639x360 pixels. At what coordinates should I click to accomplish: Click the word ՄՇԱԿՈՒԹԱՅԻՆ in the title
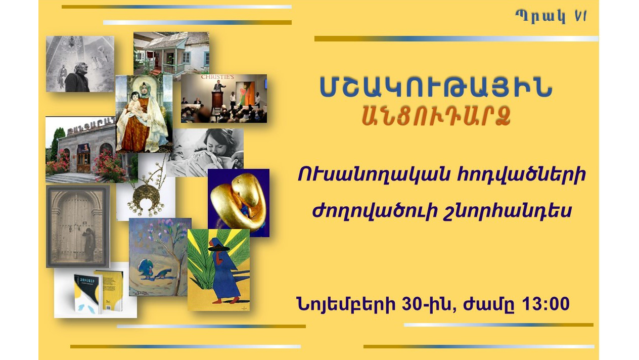[x=436, y=87]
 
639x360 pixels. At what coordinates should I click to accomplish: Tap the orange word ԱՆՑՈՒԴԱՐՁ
[x=436, y=116]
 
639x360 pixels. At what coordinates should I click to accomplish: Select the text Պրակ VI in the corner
[x=551, y=17]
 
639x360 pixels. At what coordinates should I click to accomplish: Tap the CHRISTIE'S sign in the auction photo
[x=217, y=77]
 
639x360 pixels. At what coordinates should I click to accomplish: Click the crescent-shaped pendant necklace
[x=146, y=194]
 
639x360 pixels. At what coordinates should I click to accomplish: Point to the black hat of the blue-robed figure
[x=218, y=248]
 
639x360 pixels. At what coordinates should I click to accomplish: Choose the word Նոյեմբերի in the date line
[x=346, y=304]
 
